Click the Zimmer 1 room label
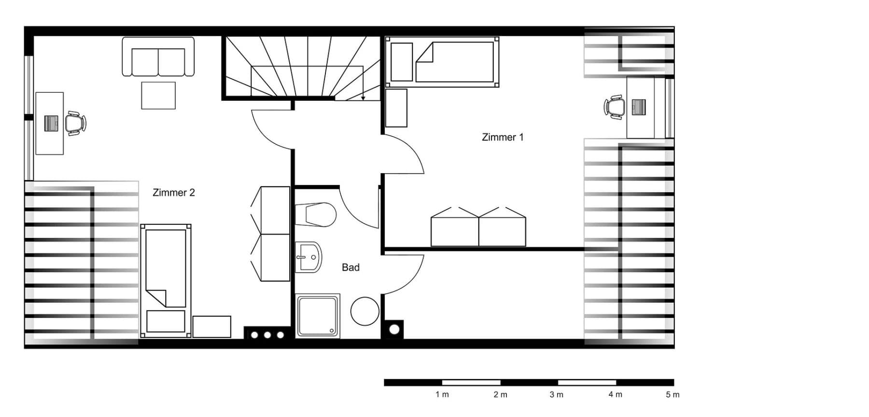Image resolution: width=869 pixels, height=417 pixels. pyautogui.click(x=502, y=137)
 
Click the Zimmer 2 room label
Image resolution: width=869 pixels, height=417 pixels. pyautogui.click(x=173, y=193)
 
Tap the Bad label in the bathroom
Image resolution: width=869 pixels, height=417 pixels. pyautogui.click(x=350, y=267)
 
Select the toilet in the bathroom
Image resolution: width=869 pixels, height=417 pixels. pyautogui.click(x=316, y=215)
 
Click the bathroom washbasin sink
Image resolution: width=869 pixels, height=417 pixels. pyautogui.click(x=308, y=257)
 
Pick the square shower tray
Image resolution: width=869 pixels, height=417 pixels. pyautogui.click(x=317, y=316)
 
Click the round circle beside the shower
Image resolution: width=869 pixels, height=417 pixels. pyautogui.click(x=364, y=311)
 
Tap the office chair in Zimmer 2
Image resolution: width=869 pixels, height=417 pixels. pyautogui.click(x=75, y=124)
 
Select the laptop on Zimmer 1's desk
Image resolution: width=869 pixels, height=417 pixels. pyautogui.click(x=638, y=107)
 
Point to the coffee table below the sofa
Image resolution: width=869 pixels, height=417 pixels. pyautogui.click(x=158, y=96)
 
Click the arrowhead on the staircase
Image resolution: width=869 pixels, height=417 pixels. pyautogui.click(x=363, y=98)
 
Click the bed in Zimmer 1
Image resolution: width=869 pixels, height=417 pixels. pyautogui.click(x=442, y=62)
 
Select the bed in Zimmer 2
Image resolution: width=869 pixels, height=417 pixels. pyautogui.click(x=166, y=280)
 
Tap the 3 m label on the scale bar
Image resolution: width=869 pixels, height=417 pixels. pyautogui.click(x=556, y=395)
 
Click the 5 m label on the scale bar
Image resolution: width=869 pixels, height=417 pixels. pyautogui.click(x=672, y=395)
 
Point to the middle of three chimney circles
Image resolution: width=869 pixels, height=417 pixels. pyautogui.click(x=267, y=335)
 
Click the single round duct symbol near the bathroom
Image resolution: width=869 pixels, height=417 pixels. pyautogui.click(x=394, y=330)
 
